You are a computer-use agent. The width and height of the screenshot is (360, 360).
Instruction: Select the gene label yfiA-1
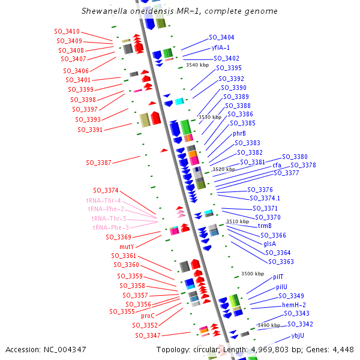(x=220, y=47)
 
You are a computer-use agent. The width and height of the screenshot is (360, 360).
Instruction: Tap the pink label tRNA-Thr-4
(x=103, y=200)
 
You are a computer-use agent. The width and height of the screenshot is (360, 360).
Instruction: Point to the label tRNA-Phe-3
(x=110, y=227)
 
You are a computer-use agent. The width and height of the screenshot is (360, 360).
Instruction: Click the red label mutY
(x=127, y=247)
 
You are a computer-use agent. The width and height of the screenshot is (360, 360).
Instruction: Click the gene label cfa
(x=277, y=165)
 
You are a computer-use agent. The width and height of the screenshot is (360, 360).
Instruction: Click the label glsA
(x=269, y=244)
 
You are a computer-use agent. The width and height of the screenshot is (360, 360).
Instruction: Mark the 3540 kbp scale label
(x=197, y=65)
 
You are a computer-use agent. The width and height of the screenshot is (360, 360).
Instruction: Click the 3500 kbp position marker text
(x=253, y=274)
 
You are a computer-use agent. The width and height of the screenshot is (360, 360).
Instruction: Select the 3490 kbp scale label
(x=269, y=325)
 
